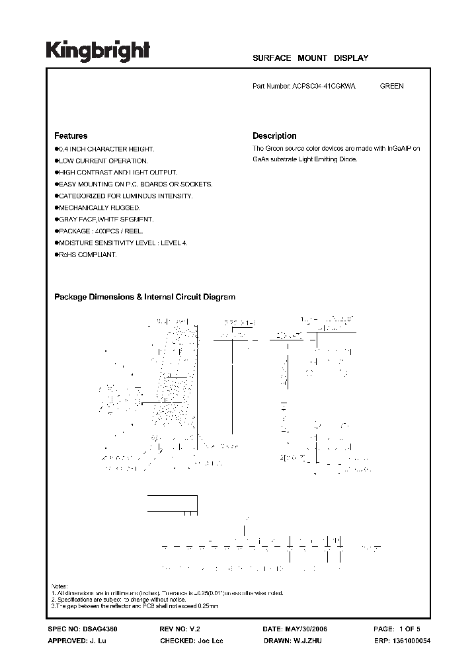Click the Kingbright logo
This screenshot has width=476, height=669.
[98, 51]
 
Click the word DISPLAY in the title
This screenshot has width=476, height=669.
[350, 58]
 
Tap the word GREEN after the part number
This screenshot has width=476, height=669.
[391, 86]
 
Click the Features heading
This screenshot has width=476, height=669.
[71, 136]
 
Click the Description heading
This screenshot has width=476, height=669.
[274, 136]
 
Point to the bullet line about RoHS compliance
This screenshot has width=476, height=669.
[87, 255]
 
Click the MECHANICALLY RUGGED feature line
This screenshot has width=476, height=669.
[99, 208]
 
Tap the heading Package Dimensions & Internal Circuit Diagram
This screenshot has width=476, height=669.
[144, 297]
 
